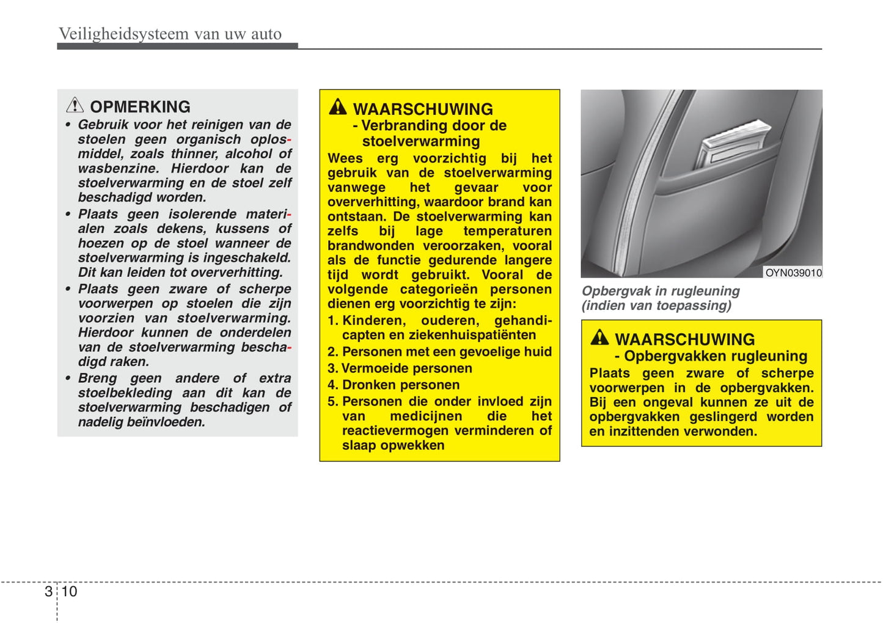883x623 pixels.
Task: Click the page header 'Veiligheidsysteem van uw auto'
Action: (170, 34)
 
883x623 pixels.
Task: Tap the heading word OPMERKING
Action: (140, 107)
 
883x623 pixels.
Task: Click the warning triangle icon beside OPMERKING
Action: (75, 105)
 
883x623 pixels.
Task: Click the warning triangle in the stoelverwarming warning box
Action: (337, 108)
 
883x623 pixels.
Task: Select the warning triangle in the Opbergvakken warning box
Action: (599, 337)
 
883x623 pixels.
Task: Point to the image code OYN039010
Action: (793, 273)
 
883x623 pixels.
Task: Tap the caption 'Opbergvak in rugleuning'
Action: (660, 291)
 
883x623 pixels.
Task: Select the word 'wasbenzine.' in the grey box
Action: (118, 168)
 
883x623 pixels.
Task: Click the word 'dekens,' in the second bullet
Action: (181, 229)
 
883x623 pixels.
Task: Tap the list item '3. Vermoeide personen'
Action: (400, 368)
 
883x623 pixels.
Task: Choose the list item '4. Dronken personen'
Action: (394, 385)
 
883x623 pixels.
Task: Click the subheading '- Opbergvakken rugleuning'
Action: (711, 356)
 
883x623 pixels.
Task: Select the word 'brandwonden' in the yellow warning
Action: (362, 245)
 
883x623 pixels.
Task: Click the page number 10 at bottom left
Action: (69, 591)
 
